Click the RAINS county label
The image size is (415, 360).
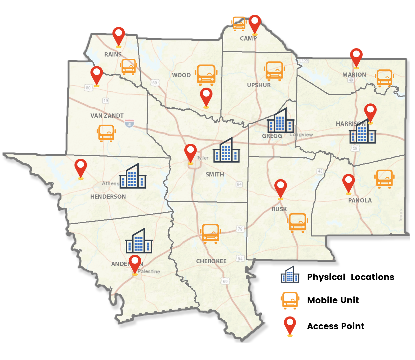113,54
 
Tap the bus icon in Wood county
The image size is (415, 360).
206,75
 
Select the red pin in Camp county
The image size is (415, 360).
255,24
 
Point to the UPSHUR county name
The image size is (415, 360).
259,85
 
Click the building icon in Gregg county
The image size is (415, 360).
280,120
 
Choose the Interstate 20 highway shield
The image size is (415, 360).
130,124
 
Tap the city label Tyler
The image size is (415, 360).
202,158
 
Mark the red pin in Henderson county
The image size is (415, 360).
81,168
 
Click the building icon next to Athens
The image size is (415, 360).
132,176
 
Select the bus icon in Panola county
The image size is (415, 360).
384,179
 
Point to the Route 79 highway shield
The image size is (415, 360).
240,229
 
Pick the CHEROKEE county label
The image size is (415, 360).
211,261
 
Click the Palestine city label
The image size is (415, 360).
149,271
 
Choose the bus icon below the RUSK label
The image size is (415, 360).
297,222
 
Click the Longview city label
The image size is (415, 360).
301,135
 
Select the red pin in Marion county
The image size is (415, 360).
356,57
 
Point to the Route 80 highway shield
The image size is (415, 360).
88,88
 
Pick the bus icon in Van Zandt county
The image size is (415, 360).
106,133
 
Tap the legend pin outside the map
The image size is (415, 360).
290,325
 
